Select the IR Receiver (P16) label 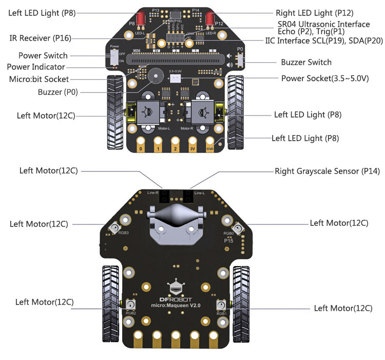(41, 38)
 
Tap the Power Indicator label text (36, 67)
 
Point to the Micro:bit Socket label (39, 79)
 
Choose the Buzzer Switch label (306, 62)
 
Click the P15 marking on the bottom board (229, 240)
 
